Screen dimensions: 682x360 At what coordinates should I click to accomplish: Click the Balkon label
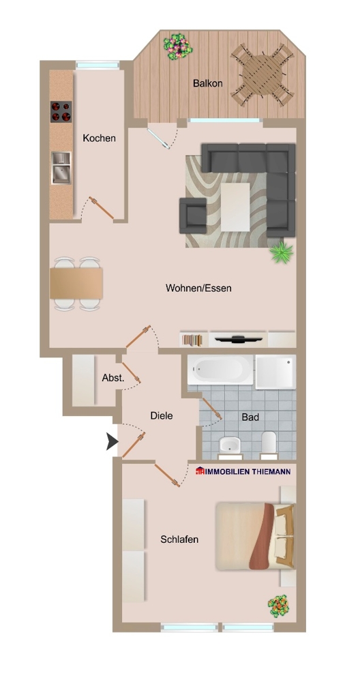click(x=207, y=84)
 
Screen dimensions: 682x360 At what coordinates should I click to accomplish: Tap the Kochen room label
click(x=99, y=138)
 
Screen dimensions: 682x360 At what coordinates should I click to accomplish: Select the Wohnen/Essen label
click(x=198, y=288)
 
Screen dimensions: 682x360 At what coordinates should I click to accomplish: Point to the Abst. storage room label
click(x=112, y=378)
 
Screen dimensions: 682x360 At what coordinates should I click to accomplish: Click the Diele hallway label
click(x=162, y=415)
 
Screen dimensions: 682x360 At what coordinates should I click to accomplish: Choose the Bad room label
click(x=250, y=417)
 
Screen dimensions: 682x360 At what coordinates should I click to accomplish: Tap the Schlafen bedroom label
click(x=179, y=539)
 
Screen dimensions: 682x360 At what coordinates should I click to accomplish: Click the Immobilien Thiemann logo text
click(x=243, y=471)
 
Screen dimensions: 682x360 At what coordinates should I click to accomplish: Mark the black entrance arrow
click(x=111, y=443)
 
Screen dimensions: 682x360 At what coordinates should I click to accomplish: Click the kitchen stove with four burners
click(x=61, y=111)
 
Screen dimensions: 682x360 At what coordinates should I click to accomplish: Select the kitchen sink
click(x=61, y=167)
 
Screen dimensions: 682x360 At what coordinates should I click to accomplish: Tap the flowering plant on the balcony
click(x=178, y=46)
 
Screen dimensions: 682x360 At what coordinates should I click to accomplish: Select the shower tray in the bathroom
click(x=276, y=371)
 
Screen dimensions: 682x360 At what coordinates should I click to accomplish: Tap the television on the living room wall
click(x=238, y=338)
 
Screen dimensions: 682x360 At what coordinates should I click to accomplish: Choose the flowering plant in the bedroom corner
click(x=277, y=606)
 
